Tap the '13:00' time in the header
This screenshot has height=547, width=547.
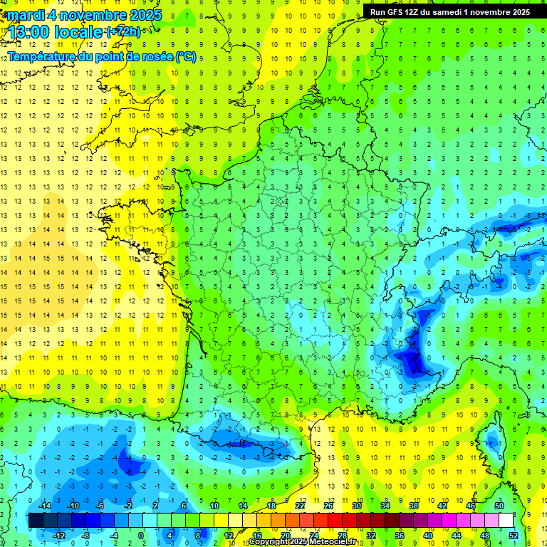30,31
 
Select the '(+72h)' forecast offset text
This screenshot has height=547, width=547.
123,32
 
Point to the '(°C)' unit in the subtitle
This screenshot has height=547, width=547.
184,56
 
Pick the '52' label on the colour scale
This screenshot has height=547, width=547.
514,535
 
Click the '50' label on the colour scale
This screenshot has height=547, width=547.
499,505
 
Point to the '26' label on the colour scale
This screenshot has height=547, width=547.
328,505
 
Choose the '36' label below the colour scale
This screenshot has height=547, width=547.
400,535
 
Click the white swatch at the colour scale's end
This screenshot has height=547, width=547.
506,520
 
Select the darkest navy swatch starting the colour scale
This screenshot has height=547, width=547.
36,520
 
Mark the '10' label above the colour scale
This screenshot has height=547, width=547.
214,505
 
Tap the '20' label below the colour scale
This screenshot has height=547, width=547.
285,535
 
